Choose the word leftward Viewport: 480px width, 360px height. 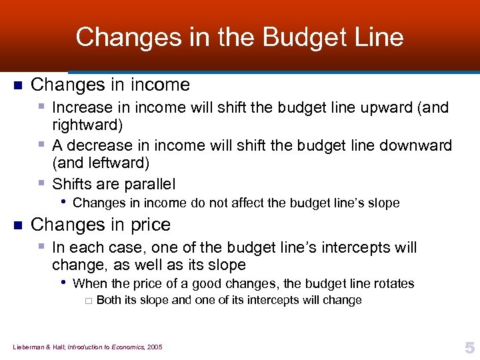click(x=114, y=163)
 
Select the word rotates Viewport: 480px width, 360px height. click(x=392, y=283)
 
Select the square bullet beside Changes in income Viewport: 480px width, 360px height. click(x=18, y=85)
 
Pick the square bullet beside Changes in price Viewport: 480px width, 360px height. click(x=18, y=225)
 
